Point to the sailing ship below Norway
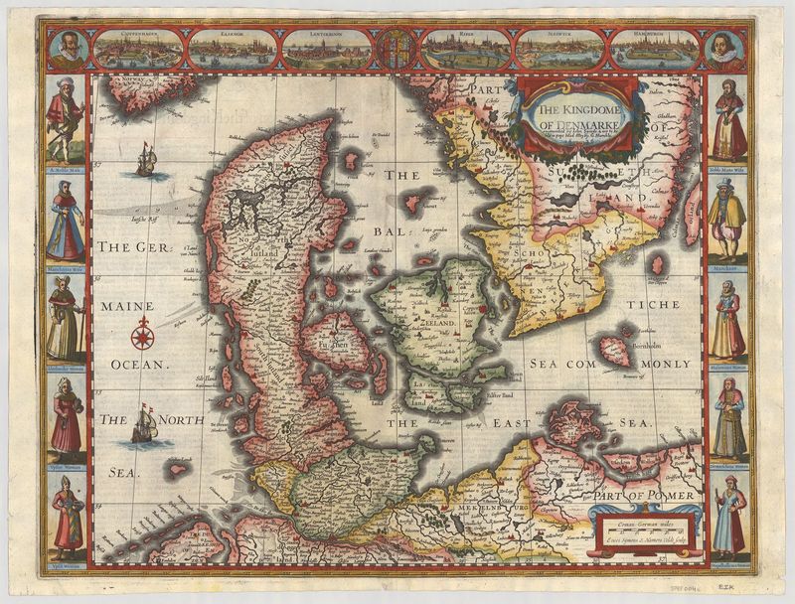click(x=146, y=159)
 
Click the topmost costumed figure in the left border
click(x=65, y=119)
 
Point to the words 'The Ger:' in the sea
click(x=135, y=247)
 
